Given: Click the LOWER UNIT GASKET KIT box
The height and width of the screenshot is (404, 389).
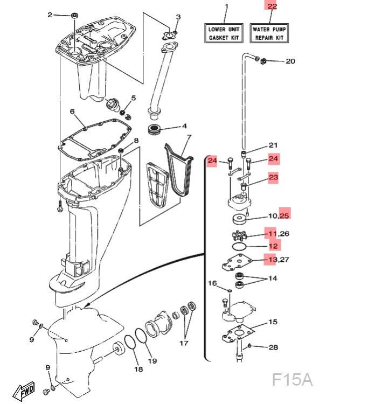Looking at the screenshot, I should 226,33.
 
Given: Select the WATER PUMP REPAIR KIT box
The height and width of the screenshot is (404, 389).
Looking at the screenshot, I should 268,33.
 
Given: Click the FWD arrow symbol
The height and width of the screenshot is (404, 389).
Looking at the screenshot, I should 24,389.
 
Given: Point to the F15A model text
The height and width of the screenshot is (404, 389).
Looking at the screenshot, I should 291,379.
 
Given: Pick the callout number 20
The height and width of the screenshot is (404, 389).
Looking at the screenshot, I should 290,61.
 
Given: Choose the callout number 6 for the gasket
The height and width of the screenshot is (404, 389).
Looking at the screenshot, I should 72,112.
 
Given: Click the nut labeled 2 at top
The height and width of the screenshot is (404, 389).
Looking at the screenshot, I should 74,15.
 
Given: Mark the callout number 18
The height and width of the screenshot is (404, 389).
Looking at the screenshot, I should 138,369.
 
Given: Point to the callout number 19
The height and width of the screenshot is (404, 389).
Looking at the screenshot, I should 152,360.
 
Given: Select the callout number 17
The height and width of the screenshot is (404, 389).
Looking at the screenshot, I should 184,343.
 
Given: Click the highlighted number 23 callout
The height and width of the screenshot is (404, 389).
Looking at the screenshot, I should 273,177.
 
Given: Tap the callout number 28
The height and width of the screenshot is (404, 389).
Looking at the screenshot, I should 273,347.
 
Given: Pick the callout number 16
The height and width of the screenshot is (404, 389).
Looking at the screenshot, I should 212,283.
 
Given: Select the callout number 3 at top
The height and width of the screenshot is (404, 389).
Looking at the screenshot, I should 179,17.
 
